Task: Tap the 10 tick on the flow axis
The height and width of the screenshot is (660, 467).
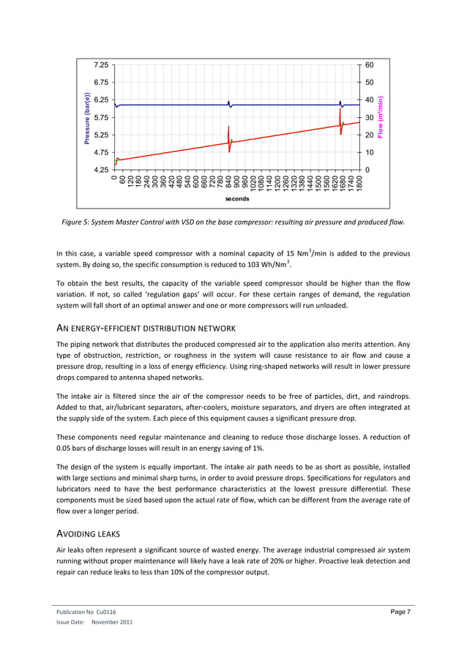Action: pos(370,153)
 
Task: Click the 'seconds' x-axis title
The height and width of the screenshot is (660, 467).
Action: pos(237,198)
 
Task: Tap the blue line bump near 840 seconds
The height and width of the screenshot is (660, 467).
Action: pos(229,103)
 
